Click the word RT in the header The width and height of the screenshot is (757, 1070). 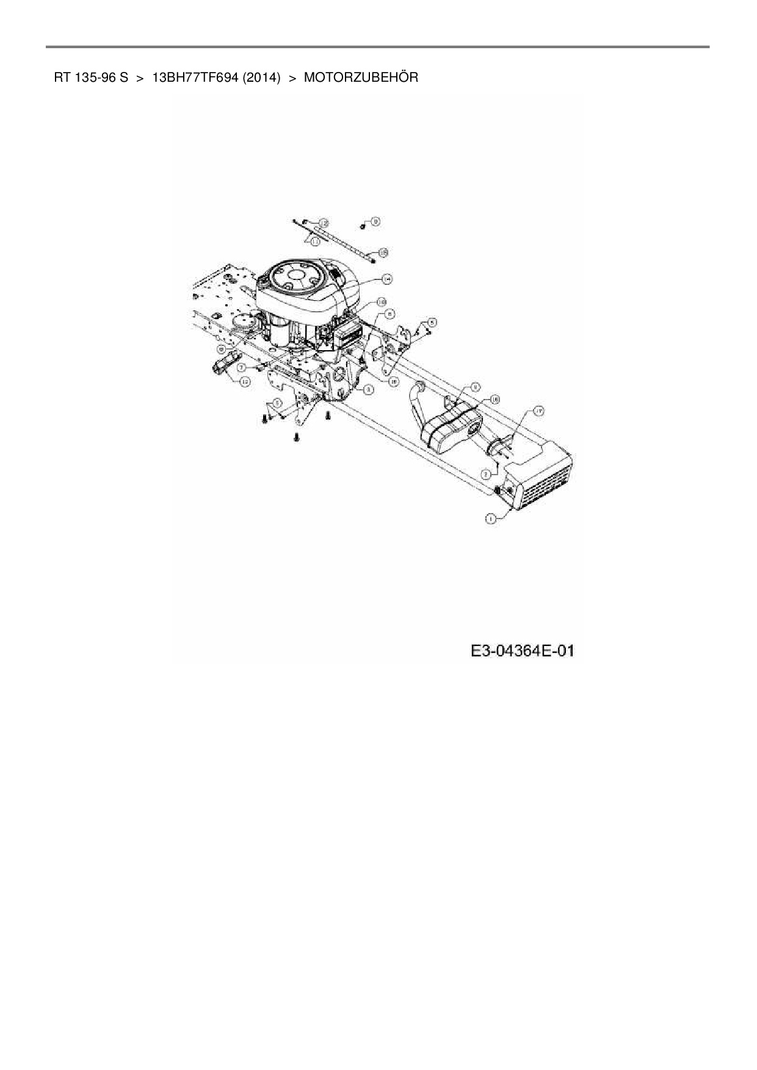tap(62, 78)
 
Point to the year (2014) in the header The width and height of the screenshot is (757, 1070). tap(261, 78)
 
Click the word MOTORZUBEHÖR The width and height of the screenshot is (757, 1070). tap(361, 78)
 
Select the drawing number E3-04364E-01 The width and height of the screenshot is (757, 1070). tap(523, 652)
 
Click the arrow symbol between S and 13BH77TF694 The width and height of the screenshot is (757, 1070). tap(140, 78)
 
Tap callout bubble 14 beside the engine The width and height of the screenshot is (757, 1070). tap(386, 279)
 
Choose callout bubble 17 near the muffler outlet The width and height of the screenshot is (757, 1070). tap(538, 411)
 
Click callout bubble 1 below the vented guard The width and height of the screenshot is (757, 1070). tap(490, 519)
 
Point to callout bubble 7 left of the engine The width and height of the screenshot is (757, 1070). tap(242, 368)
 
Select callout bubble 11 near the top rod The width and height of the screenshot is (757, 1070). tap(314, 242)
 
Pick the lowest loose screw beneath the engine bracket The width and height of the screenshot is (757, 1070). tap(296, 436)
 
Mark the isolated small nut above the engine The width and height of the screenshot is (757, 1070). tap(362, 226)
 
